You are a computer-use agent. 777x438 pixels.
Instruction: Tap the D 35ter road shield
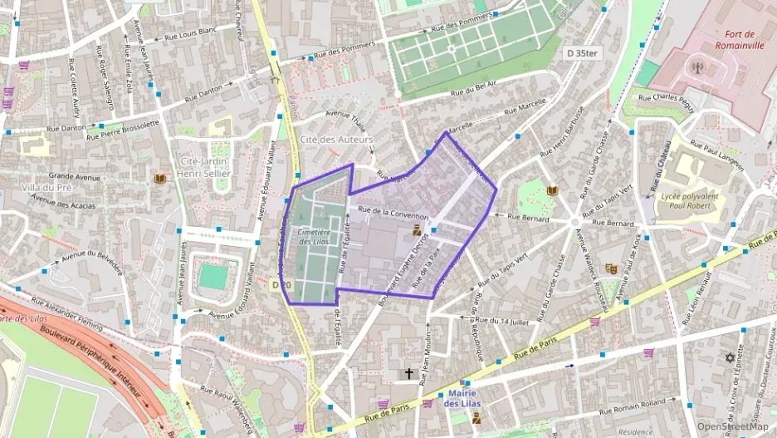tap(582, 52)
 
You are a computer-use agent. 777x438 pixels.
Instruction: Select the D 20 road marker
tap(282, 285)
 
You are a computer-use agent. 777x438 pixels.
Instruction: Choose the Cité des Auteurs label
tap(336, 139)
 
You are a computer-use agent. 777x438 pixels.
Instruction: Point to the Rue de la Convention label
tap(393, 213)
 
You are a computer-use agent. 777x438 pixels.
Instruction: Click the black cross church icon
tap(408, 374)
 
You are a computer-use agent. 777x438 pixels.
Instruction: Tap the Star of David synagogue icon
tap(731, 357)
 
